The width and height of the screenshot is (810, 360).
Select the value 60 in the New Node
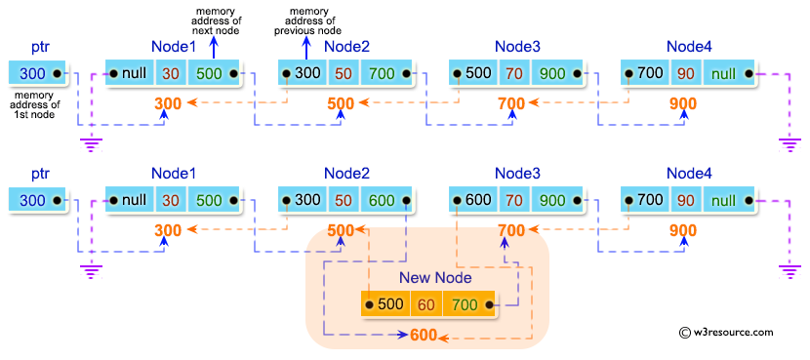coord(426,304)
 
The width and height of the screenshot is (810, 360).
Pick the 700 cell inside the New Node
coord(465,304)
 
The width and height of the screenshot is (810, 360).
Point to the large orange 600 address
coord(423,337)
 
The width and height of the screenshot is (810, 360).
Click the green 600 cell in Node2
coord(381,200)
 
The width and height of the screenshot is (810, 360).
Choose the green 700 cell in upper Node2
coord(381,73)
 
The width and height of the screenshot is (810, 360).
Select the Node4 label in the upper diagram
coord(690,47)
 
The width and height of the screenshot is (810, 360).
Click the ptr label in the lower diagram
coord(39,174)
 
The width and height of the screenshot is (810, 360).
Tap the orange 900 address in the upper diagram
coord(683,104)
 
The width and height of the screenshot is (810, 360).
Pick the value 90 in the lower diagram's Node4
coord(686,200)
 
